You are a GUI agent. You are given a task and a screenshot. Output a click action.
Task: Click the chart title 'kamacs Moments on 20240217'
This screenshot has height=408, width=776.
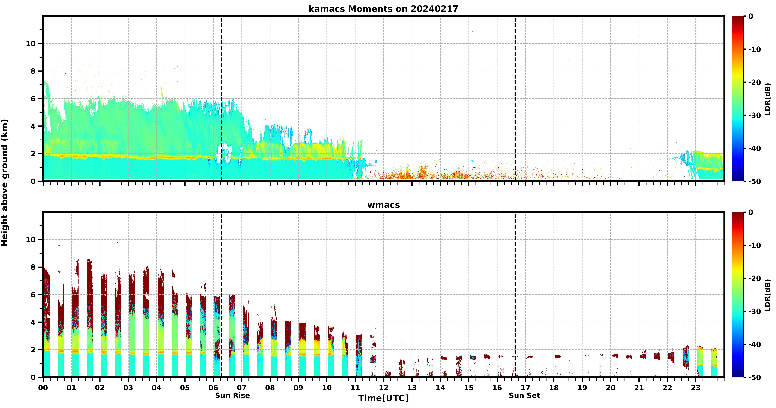383,9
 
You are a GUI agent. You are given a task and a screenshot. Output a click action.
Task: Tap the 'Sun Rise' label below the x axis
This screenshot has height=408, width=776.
232,395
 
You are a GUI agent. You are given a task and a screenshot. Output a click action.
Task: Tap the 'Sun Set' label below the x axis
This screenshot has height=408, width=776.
524,395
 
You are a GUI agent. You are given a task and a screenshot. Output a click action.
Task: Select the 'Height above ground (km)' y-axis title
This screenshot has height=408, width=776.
5,183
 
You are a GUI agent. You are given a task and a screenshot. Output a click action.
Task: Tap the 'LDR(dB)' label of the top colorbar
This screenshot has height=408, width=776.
767,99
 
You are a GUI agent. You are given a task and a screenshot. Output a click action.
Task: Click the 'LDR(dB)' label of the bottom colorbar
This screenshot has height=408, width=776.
767,295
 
